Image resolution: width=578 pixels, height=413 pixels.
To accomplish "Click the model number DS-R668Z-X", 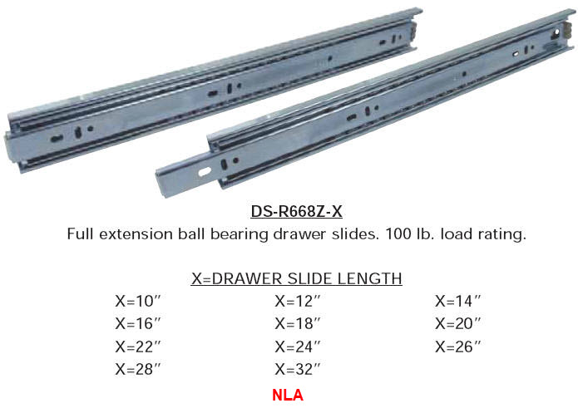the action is (296, 211).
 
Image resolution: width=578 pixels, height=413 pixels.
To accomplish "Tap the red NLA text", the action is (288, 395).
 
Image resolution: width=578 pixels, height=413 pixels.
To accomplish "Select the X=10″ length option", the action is (138, 301).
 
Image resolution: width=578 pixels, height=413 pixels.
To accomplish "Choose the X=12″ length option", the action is (298, 301).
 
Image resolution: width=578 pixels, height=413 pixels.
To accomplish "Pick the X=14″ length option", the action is (458, 301).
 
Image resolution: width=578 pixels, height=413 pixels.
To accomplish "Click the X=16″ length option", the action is (138, 323).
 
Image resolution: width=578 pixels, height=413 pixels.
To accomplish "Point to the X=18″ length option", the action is (298, 323).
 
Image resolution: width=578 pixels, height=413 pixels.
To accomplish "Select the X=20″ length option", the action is (458, 323).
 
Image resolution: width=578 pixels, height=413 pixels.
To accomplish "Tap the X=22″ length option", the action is (138, 347).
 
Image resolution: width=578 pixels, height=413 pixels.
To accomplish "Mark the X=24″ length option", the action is (298, 347).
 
